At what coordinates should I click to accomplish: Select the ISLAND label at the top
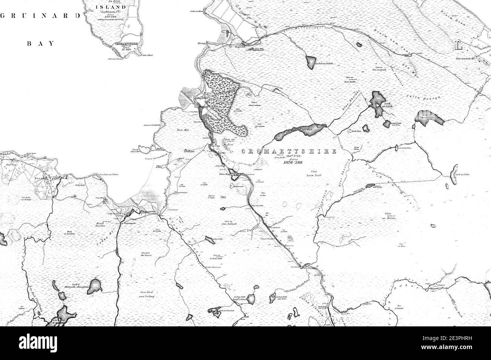pos(110,7)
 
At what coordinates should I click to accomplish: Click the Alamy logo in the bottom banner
pos(246,344)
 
